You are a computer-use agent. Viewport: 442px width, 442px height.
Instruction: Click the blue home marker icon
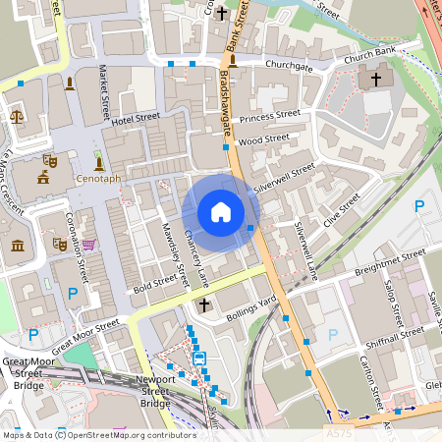point(221,212)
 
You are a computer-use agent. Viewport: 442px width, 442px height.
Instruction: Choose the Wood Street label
point(264,140)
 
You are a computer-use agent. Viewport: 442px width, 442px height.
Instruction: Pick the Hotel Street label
point(135,120)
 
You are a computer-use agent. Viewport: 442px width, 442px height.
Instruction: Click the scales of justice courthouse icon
point(16,116)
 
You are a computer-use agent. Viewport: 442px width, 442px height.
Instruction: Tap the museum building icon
point(18,244)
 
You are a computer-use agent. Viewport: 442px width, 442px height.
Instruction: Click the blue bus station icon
point(199,359)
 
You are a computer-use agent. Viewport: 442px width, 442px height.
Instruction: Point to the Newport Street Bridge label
point(155,391)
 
